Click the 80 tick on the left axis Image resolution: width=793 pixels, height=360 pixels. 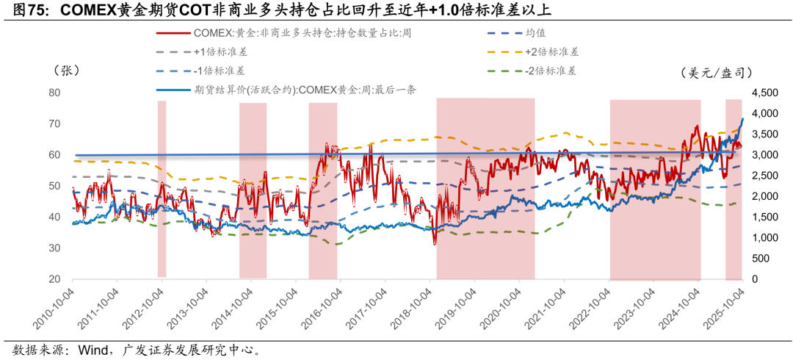(54, 93)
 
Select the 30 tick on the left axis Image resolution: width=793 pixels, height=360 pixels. (54, 248)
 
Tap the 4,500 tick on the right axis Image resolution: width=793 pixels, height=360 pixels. (763, 93)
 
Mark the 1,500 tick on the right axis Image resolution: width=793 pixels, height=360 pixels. (763, 217)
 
